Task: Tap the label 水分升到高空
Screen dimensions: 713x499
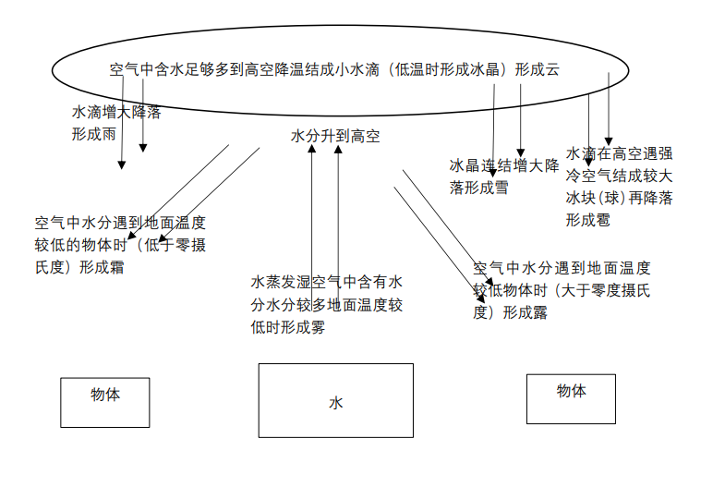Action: [335, 136]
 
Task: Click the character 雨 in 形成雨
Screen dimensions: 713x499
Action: [109, 134]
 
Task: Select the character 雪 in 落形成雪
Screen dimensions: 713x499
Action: [502, 188]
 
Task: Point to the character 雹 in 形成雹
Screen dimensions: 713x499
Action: [602, 220]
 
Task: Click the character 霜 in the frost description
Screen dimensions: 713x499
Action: [116, 267]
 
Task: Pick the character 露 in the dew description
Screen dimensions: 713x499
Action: [539, 312]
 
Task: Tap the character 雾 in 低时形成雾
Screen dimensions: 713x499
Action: [318, 327]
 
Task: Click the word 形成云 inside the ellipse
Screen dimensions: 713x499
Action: [537, 69]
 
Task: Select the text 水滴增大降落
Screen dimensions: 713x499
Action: [116, 112]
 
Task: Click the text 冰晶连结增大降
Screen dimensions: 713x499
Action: [504, 165]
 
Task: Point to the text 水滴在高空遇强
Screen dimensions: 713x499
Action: [619, 153]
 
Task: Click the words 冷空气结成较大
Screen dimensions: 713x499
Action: [619, 176]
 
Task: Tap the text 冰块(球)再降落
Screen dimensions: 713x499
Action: [619, 198]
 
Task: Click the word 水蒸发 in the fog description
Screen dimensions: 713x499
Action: [272, 282]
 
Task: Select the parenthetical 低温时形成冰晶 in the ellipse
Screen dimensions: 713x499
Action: [447, 69]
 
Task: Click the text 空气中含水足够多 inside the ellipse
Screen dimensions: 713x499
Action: [169, 69]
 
